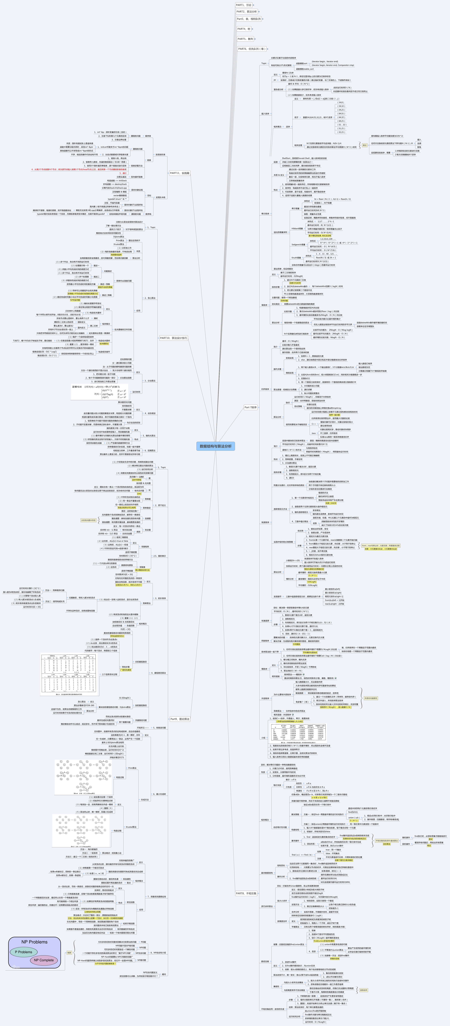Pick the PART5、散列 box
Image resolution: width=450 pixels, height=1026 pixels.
(x=245, y=39)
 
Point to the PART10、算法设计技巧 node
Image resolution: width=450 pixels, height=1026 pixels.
(x=173, y=338)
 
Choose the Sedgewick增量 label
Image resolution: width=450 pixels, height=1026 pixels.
(x=298, y=245)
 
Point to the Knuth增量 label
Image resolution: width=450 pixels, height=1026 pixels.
(x=296, y=258)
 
